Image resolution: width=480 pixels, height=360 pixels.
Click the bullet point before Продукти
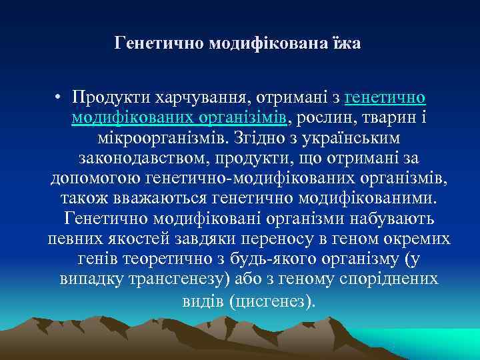point(59,99)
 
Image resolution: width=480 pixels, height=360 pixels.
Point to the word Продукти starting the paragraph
point(111,99)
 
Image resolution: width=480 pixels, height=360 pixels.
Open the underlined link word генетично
point(385,99)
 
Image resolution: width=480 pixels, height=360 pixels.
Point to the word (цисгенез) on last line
point(271,301)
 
